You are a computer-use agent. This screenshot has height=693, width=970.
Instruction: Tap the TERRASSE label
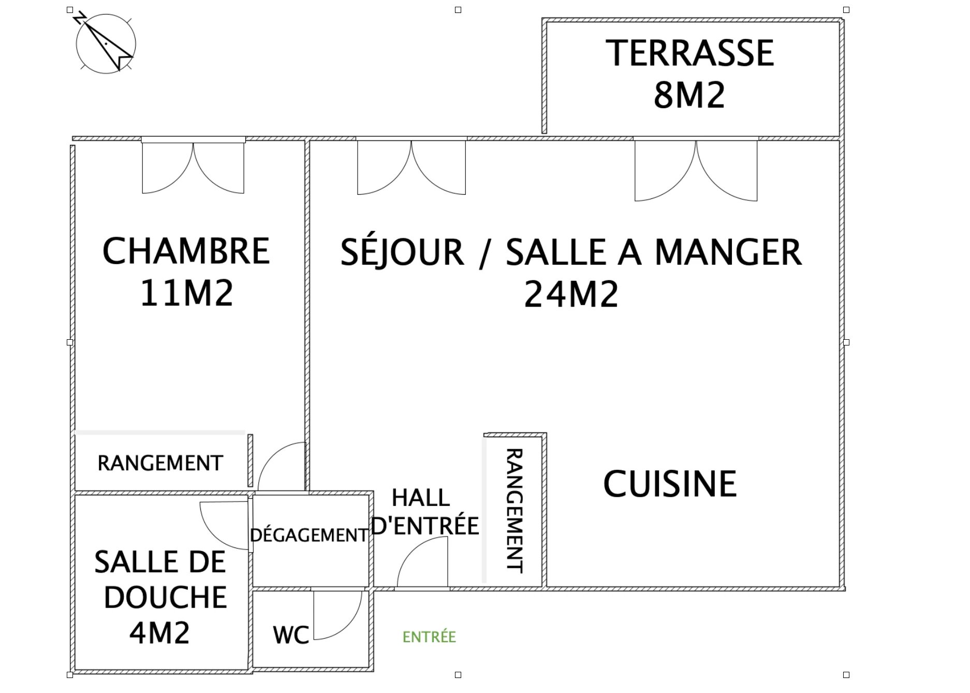pos(689,53)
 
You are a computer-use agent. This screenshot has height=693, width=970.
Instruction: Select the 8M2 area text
pos(689,95)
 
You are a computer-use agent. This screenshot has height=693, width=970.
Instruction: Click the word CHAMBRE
pos(186,251)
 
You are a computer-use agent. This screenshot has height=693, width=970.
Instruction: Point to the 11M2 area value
pos(186,293)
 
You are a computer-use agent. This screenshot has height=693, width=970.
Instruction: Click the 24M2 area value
pos(571,294)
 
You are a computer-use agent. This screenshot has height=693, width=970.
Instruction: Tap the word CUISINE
pos(670,484)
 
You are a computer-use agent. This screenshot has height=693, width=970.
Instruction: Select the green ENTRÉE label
pos(429,637)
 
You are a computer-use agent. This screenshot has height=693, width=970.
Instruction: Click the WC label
pos(291,635)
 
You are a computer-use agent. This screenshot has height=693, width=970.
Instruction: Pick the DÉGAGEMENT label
pos(309,535)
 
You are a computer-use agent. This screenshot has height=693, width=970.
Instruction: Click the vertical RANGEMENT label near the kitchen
pos(514,511)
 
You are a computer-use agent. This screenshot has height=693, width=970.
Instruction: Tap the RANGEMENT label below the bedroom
pos(160,463)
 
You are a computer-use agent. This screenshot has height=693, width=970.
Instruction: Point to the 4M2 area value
pos(159,633)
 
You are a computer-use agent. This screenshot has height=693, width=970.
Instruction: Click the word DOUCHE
pos(165,597)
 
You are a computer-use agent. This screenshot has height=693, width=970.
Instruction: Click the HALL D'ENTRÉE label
pos(425,512)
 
